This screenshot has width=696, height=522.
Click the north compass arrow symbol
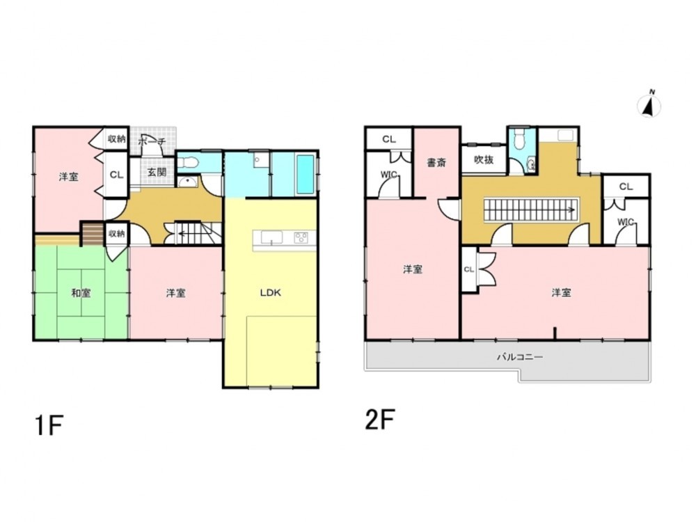[649, 105]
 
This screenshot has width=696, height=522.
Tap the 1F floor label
[49, 425]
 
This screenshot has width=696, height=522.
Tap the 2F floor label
[380, 420]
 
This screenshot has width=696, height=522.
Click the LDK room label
[270, 293]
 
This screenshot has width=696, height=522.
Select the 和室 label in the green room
[81, 293]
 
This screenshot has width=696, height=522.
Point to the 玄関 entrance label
[157, 172]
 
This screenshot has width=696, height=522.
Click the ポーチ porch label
[152, 142]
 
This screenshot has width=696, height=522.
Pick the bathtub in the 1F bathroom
[305, 174]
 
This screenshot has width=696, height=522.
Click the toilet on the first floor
[187, 163]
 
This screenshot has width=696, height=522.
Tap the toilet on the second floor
[518, 141]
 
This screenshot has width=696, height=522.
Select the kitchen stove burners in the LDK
[301, 238]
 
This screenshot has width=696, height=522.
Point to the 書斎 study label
[436, 163]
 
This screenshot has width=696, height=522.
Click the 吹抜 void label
[484, 159]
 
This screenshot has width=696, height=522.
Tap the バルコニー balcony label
[520, 357]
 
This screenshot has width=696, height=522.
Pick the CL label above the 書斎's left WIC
[389, 139]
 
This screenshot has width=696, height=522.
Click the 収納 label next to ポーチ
[116, 139]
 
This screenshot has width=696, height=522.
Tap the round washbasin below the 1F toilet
[189, 181]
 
